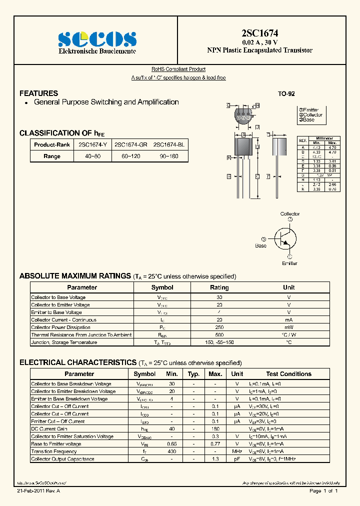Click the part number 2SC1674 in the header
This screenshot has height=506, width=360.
(x=260, y=34)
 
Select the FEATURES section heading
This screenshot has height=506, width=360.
(x=38, y=93)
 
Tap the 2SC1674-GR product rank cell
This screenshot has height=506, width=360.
(x=130, y=144)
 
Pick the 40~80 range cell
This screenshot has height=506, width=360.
(x=93, y=156)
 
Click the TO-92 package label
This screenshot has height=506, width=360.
(x=286, y=94)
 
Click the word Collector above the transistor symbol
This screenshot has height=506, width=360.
(x=290, y=214)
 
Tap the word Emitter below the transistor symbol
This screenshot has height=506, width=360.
(x=289, y=263)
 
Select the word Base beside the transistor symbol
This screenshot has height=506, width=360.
(x=261, y=245)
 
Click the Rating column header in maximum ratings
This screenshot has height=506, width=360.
(x=219, y=287)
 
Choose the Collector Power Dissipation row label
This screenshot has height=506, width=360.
(x=61, y=327)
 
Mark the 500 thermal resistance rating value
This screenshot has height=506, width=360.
(x=219, y=335)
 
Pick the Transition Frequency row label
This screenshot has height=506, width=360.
(x=53, y=451)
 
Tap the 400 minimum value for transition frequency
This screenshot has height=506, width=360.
(x=171, y=451)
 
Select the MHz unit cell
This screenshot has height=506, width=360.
(x=237, y=451)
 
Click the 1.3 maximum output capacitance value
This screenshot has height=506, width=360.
(x=215, y=459)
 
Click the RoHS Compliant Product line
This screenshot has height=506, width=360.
(x=178, y=69)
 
